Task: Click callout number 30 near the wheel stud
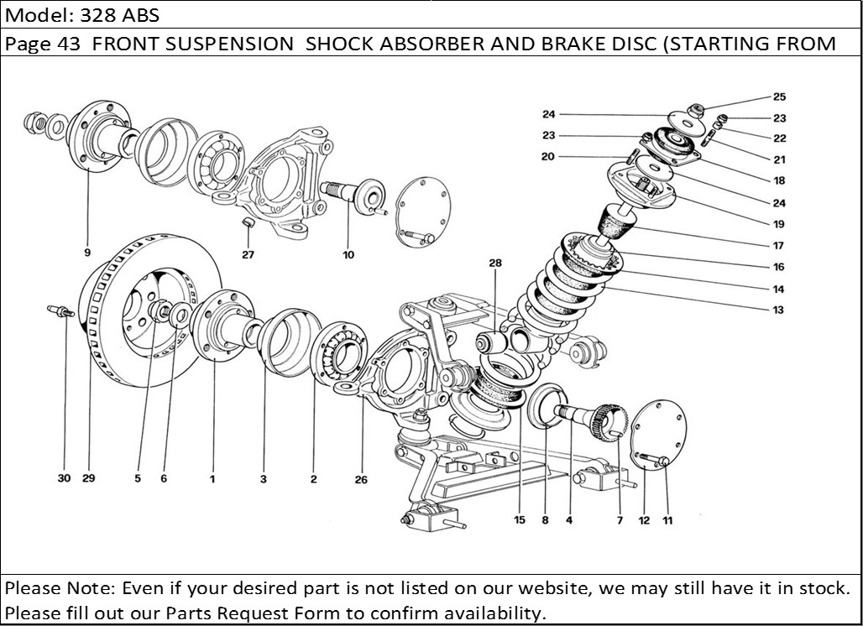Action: point(64,478)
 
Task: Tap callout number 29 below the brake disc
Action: point(89,478)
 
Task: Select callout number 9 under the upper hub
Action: point(87,252)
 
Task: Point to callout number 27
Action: point(248,255)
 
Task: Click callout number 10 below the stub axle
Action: point(348,255)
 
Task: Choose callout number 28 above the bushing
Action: point(495,263)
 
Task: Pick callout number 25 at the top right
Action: point(779,97)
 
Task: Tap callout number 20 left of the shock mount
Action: point(548,156)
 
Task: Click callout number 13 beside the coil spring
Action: point(778,310)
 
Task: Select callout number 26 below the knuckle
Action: point(361,480)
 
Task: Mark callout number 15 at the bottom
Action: point(520,520)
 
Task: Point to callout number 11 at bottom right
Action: point(667,520)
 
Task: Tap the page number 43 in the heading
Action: point(69,44)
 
